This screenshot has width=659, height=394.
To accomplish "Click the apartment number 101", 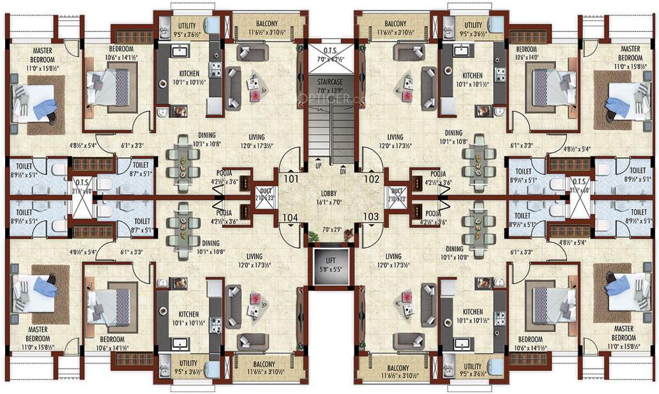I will (x=291, y=179).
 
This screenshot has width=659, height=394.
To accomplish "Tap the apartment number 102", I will (x=372, y=179).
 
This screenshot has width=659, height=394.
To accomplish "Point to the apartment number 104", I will (x=291, y=217).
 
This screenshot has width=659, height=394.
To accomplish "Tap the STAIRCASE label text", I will (x=330, y=81).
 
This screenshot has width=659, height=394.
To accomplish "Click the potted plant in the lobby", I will (x=312, y=237).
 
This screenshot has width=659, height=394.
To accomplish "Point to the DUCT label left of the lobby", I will (x=264, y=190).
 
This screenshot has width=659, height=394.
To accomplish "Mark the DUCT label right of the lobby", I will (x=397, y=190).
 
